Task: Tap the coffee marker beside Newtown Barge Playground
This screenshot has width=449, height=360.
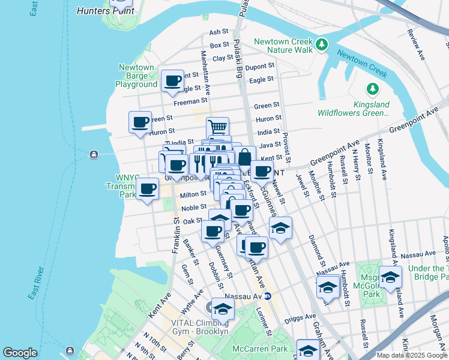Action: [x=173, y=81]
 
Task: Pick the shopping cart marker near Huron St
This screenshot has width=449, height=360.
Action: [x=217, y=127]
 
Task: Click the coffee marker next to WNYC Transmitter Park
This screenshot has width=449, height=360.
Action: [x=147, y=190]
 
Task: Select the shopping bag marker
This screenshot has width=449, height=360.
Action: [x=245, y=157]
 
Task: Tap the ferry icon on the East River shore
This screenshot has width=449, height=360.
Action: [x=94, y=155]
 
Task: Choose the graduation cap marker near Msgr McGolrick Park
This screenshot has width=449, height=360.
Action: [x=390, y=278]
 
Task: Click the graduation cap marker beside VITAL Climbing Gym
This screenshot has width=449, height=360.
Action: [x=223, y=310]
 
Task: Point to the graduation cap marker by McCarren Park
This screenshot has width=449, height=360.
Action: [x=309, y=350]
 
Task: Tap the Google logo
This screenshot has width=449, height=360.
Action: [x=20, y=353]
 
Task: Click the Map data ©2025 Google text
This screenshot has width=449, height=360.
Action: [x=412, y=355]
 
